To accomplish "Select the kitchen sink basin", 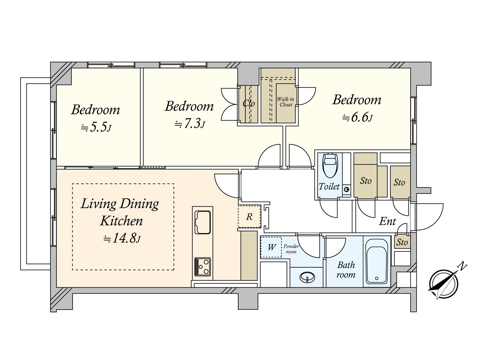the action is pos(202,222).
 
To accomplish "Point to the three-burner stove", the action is pos(202,267).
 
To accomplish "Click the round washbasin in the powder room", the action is pos(307,277).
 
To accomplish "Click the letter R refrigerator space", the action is pos(249,217).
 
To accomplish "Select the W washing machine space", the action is pos(271,247).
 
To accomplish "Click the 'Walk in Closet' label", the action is pos(286,102).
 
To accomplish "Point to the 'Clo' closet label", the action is pos(249,103).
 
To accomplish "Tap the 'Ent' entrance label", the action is pos(388,221).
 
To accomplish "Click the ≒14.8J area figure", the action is pos(122,238).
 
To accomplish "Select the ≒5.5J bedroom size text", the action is pos(96,127).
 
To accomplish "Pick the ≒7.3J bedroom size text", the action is pos(190,124).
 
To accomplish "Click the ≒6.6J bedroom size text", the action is pos(357,118).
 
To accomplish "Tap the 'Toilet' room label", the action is pos(329,186).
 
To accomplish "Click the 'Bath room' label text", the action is pos(346,270).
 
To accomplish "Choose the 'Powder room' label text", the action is pos(291,249).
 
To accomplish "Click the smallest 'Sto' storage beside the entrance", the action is pos(402,242).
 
